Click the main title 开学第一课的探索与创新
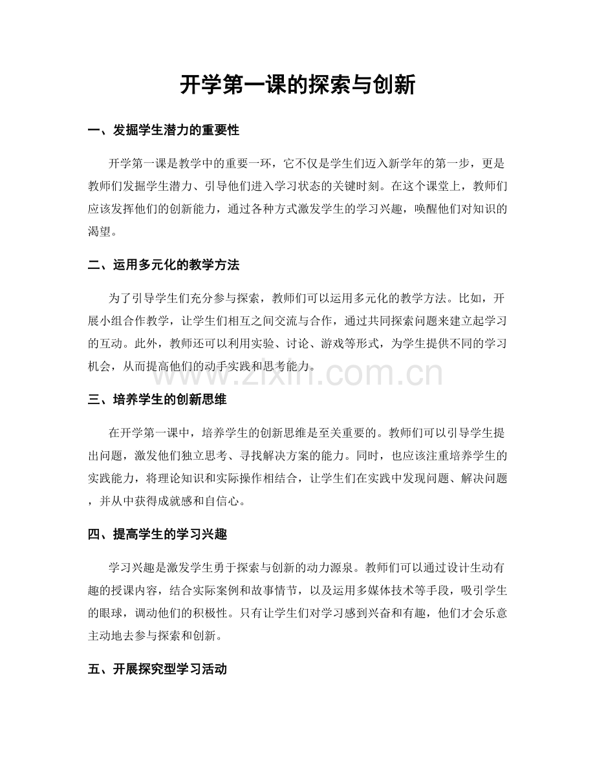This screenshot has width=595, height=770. [297, 85]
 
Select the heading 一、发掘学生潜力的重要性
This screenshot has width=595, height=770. [163, 131]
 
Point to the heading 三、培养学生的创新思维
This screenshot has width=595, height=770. [157, 400]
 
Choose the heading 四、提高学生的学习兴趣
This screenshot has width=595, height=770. [157, 535]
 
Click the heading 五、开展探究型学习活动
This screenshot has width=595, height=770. [157, 669]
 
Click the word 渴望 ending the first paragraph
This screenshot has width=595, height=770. [100, 231]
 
